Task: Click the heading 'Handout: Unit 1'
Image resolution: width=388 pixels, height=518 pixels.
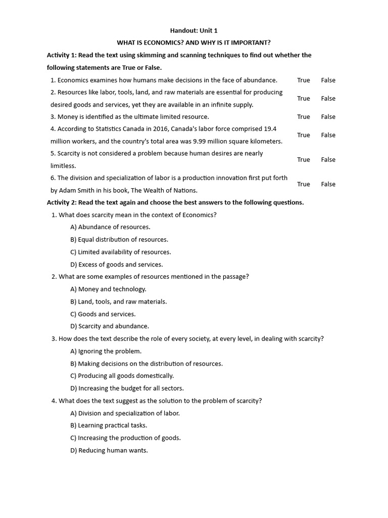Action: (193, 31)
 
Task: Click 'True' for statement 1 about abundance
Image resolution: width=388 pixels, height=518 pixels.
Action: (303, 80)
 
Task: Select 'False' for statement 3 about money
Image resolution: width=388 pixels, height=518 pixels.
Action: (328, 117)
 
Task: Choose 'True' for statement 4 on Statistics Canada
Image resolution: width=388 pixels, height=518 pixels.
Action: (303, 135)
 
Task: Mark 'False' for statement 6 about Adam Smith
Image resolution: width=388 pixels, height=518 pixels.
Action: (328, 184)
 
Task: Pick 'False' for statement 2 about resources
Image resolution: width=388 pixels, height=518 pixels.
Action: (328, 99)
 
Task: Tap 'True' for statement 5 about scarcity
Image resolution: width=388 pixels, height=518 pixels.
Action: (303, 160)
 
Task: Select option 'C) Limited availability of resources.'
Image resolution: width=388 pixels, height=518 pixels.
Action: (121, 252)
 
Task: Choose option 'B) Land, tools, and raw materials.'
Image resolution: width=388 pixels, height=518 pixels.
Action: (118, 301)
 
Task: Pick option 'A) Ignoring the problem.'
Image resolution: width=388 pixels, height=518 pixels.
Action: (106, 351)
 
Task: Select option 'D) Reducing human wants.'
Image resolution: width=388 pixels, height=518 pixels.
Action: (109, 450)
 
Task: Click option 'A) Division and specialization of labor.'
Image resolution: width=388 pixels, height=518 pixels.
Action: (125, 413)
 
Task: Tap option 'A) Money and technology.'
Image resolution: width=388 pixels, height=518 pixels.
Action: (108, 289)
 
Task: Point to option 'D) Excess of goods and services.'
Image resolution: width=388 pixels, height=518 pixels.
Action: (117, 265)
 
